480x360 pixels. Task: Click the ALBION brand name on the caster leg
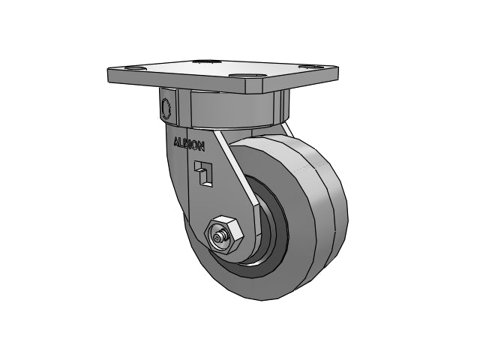point(189,144)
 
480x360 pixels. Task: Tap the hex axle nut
point(225,235)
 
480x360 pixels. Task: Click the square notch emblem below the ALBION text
point(203,172)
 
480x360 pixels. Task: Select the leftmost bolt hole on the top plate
point(136,68)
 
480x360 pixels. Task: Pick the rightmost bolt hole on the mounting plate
point(310,67)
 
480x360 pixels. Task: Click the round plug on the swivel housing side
point(166,108)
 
